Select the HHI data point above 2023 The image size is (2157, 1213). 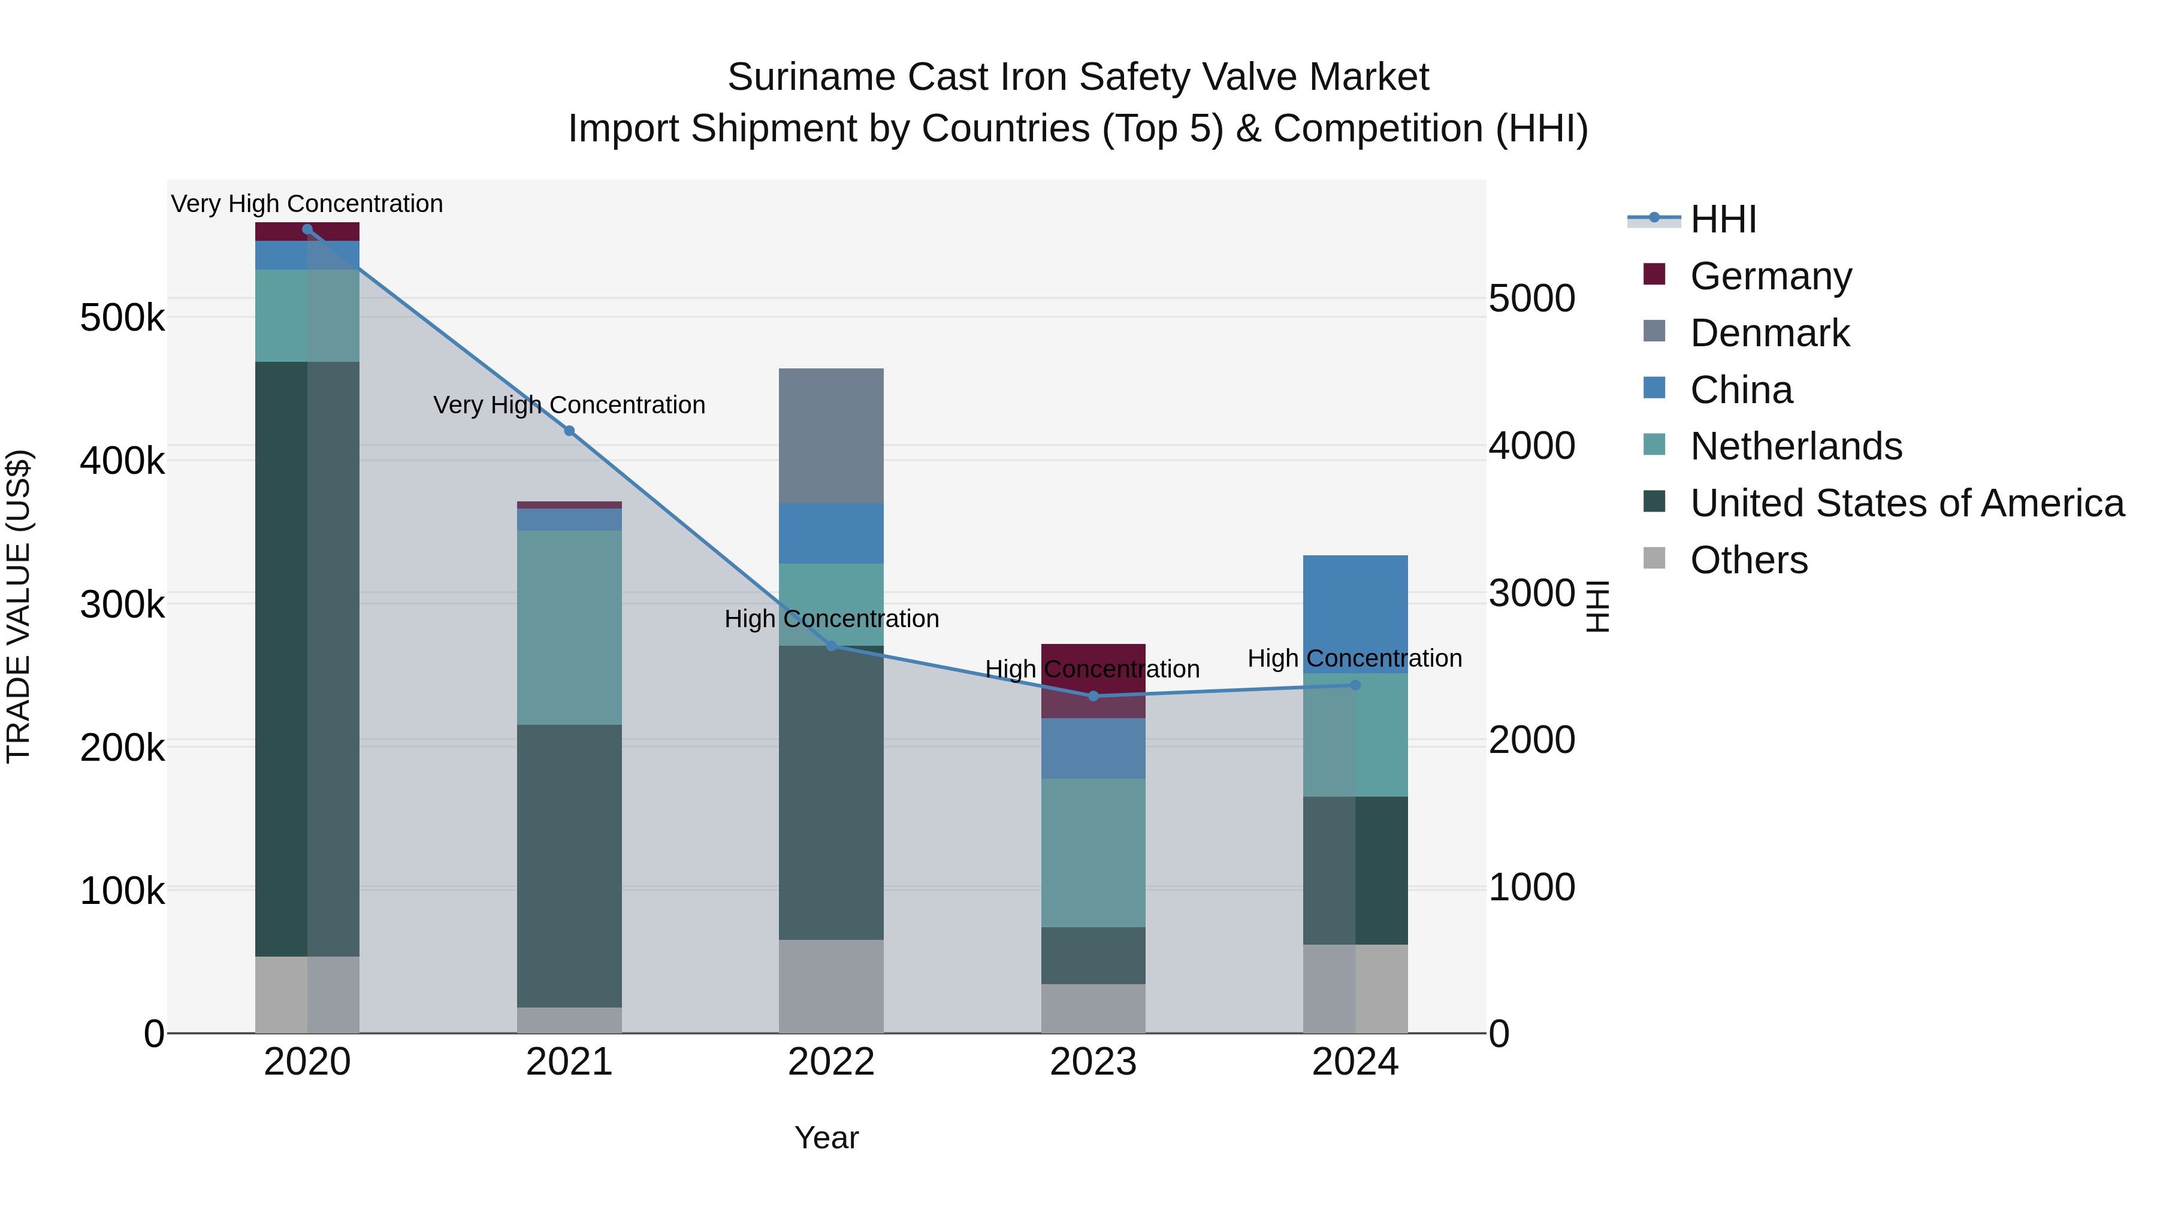[1093, 695]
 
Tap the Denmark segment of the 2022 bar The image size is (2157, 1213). [830, 435]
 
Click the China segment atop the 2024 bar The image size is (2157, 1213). [1355, 613]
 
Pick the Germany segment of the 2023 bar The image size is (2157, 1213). [1093, 680]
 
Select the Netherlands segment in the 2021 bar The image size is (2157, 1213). [569, 627]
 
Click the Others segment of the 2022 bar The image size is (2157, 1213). [830, 985]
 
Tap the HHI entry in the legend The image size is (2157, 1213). [1723, 219]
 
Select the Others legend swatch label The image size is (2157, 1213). [1748, 559]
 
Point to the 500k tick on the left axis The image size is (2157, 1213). [122, 317]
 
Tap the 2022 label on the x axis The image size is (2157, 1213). [830, 1061]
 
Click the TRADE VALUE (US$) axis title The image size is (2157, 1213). [19, 606]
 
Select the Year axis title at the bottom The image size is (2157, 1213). [826, 1137]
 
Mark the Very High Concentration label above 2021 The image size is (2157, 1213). [569, 404]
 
